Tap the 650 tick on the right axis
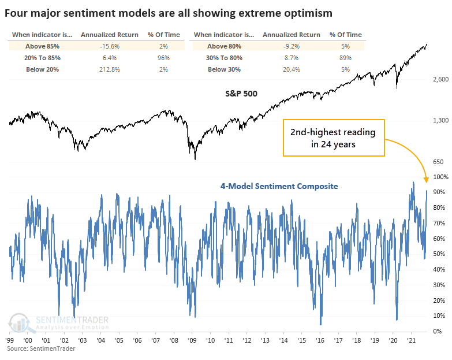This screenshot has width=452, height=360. [x=439, y=162]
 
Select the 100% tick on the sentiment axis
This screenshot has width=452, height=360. [x=438, y=177]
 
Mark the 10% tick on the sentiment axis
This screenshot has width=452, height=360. [x=439, y=316]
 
